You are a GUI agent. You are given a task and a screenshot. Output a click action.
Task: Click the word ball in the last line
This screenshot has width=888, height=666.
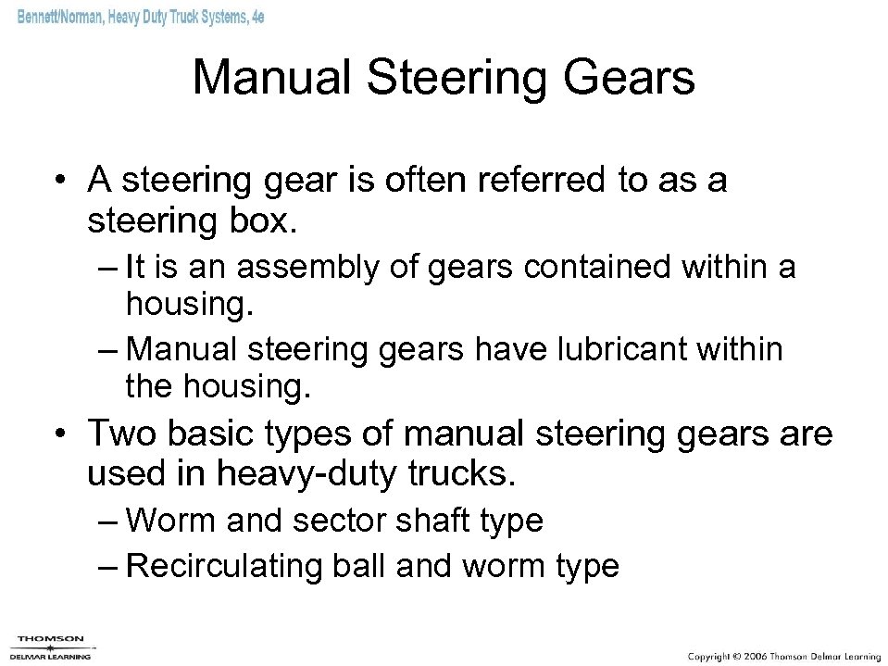coord(356,564)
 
